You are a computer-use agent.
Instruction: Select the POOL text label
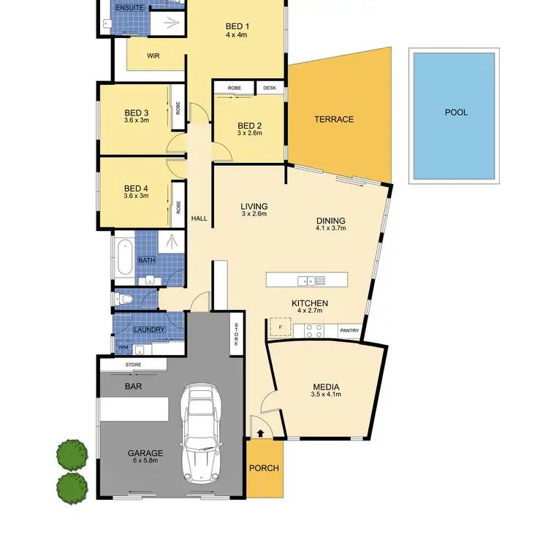tap(456, 113)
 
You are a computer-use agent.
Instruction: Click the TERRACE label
tap(334, 119)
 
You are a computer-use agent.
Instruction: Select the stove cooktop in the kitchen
tap(313, 330)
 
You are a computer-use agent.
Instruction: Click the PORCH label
tap(264, 468)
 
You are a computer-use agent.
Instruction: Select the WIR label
tap(153, 55)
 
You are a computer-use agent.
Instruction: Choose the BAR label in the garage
tap(133, 385)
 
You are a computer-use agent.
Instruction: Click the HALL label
tap(199, 218)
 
